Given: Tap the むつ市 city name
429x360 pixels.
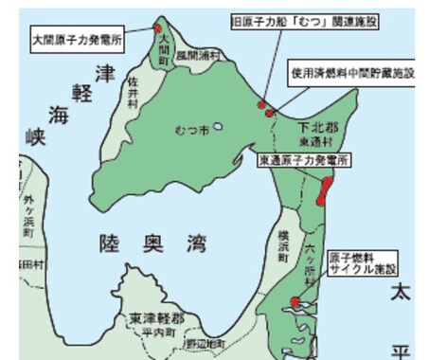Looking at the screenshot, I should coord(191,128).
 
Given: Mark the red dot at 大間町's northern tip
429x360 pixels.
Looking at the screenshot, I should coord(157,29).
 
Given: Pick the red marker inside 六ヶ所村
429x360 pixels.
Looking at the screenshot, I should coord(295,302).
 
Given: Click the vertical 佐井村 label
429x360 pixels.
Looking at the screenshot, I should coord(134,93).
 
